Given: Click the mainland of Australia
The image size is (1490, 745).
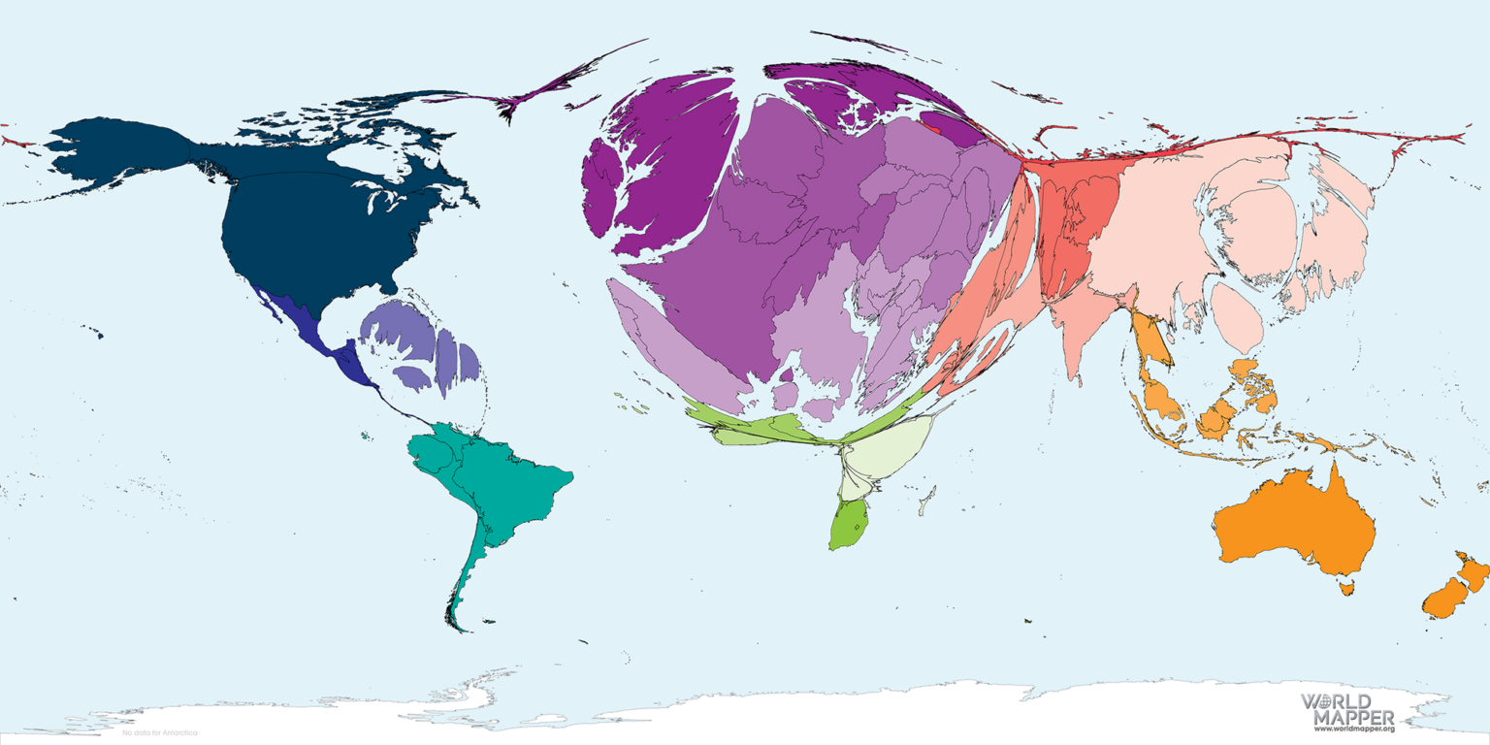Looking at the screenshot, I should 1295,529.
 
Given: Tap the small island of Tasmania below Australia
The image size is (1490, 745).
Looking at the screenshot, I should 1345,586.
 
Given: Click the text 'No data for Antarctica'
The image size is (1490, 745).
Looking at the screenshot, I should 159,732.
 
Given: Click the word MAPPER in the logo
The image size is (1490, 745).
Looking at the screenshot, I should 1353,717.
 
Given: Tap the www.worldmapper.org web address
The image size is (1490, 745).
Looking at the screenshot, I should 1354,729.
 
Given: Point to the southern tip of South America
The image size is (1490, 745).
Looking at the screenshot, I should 464,629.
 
